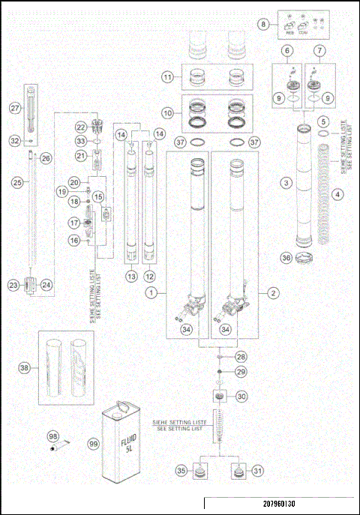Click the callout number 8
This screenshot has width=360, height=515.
click(x=263, y=24)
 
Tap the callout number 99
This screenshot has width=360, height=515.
click(x=94, y=444)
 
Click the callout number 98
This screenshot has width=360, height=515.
click(x=52, y=436)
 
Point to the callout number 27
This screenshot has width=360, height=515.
click(x=13, y=108)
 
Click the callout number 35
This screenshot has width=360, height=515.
click(x=180, y=471)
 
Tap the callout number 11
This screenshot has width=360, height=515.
click(x=168, y=76)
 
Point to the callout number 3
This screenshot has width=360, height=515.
click(x=286, y=182)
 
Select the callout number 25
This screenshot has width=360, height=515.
click(x=15, y=181)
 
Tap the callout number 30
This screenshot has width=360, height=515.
click(x=241, y=397)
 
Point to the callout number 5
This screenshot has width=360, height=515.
click(x=323, y=121)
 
